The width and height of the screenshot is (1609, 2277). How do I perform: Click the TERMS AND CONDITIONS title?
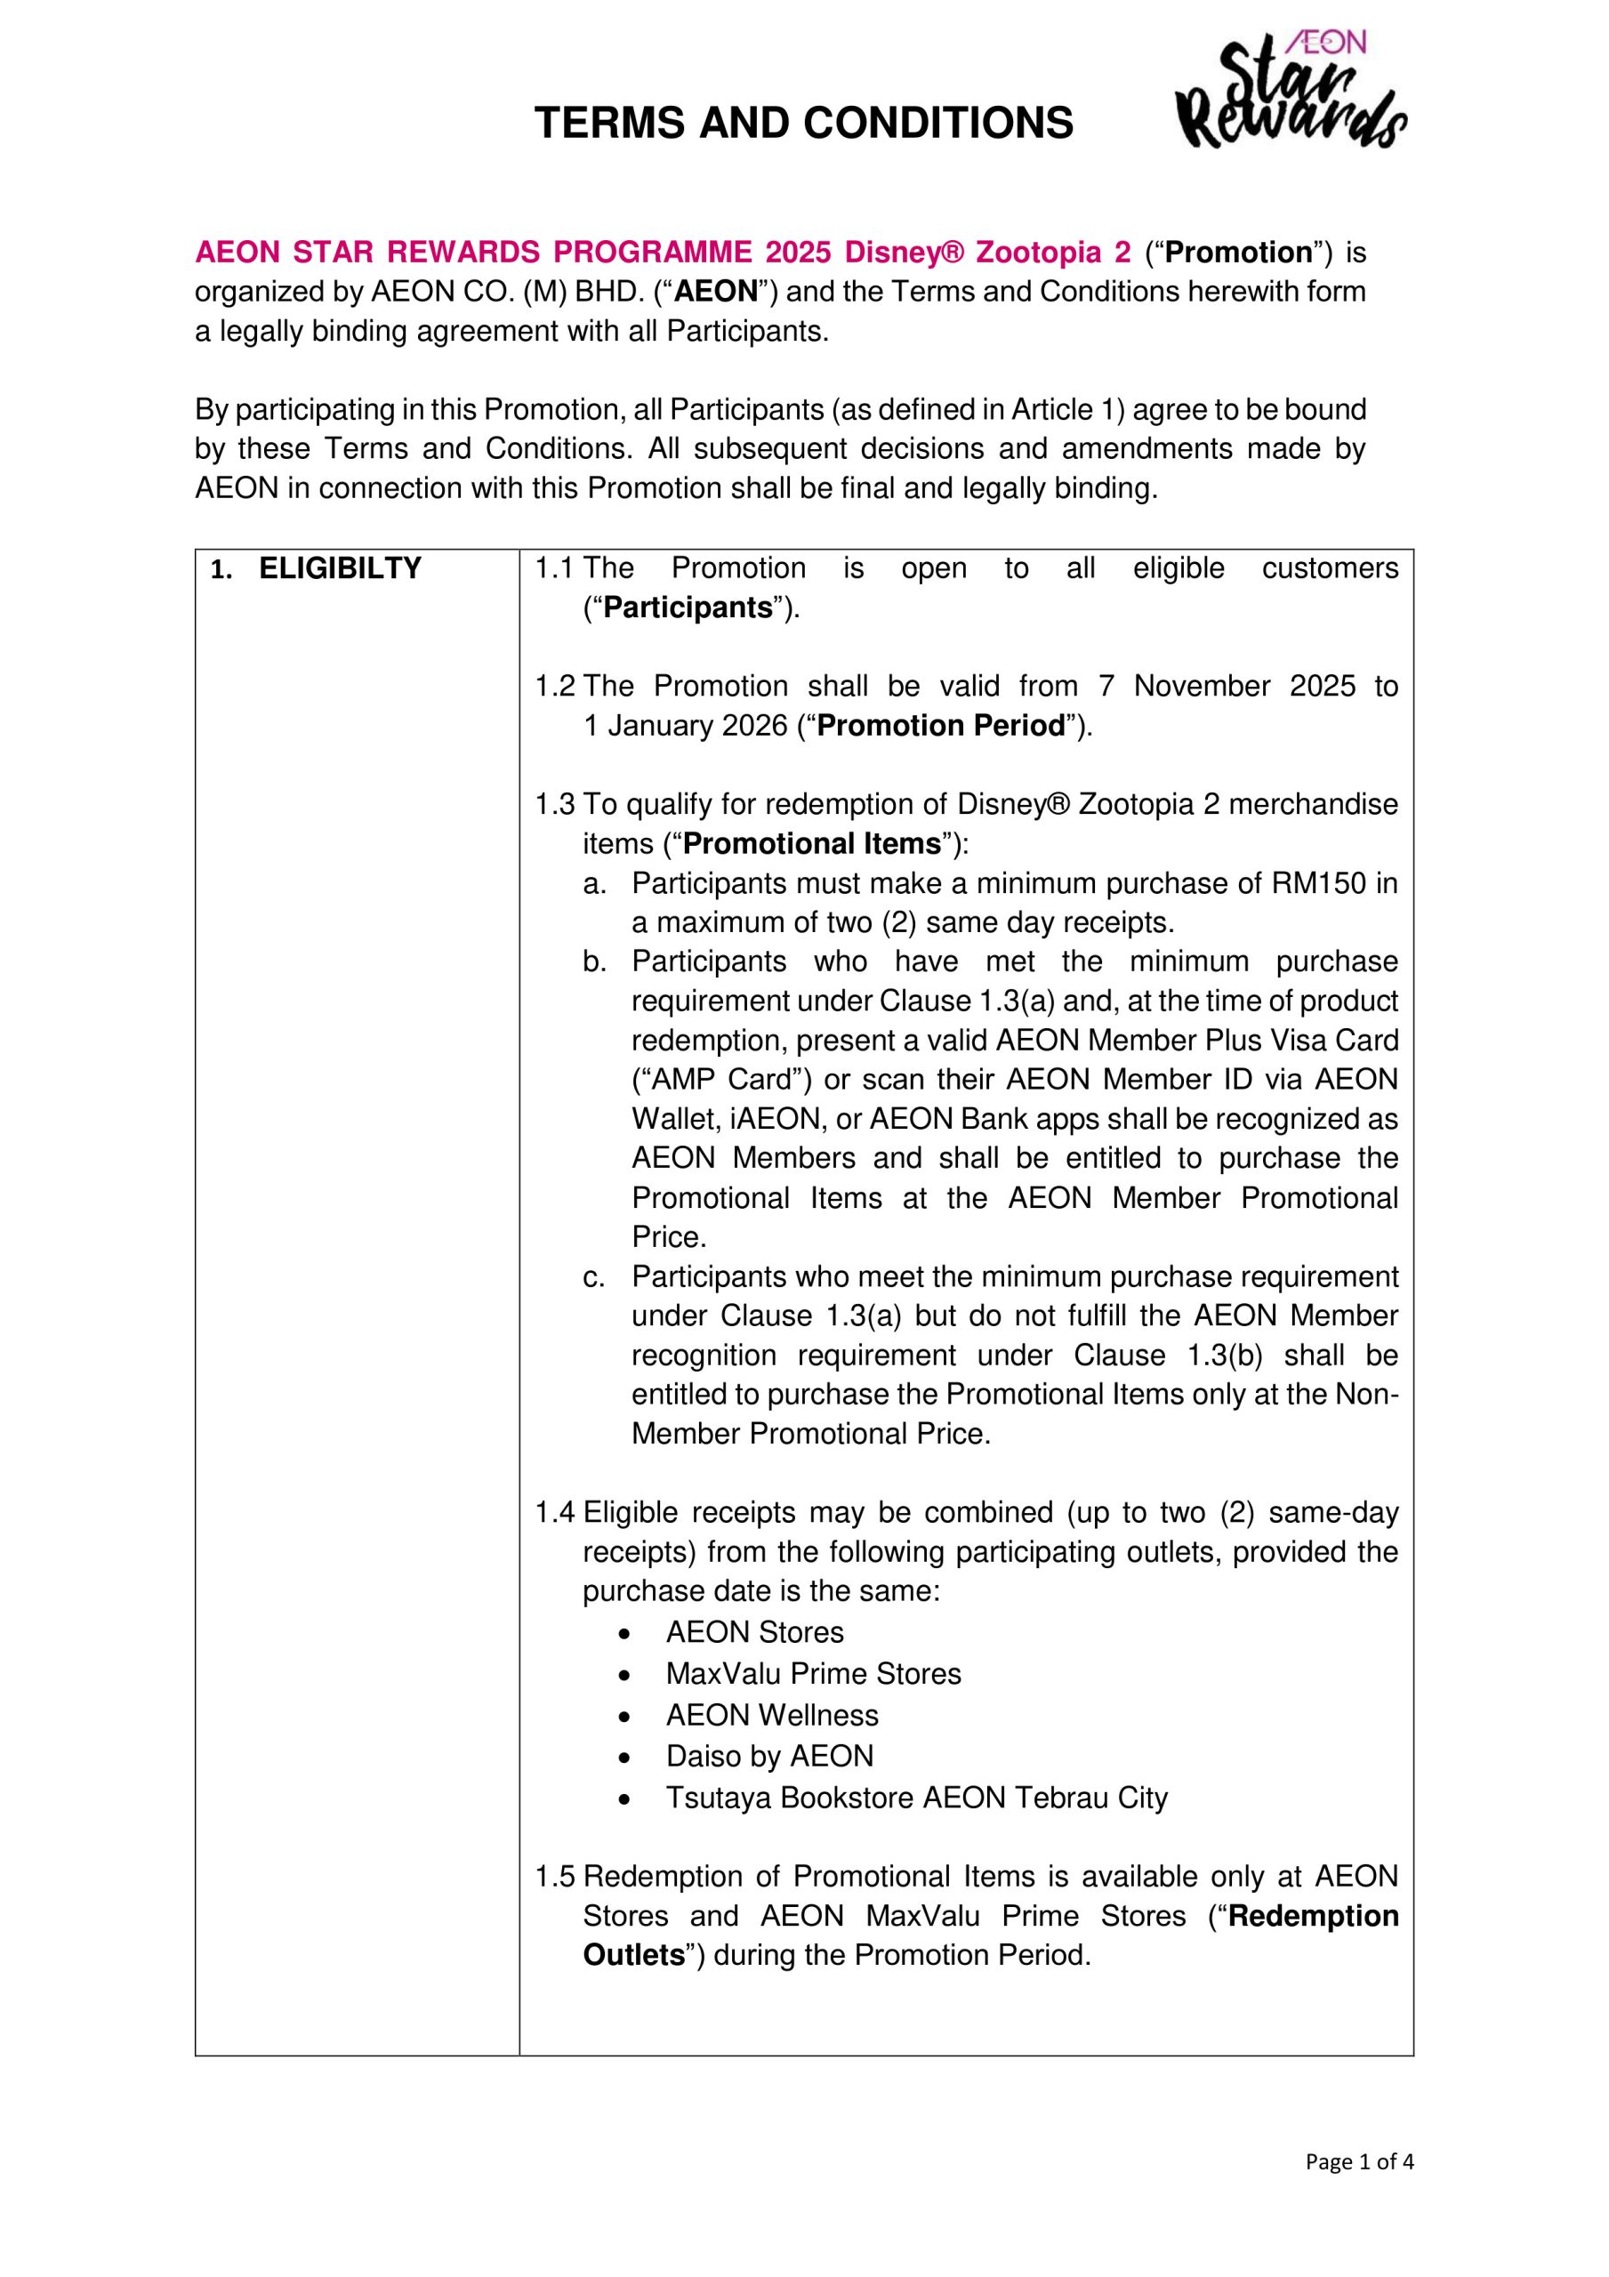tap(803, 124)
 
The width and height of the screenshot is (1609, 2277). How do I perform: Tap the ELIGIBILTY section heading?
tap(339, 569)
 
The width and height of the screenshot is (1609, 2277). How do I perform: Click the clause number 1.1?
tap(553, 569)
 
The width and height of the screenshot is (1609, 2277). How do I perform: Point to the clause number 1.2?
tap(553, 688)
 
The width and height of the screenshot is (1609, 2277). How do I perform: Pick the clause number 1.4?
tap(553, 1513)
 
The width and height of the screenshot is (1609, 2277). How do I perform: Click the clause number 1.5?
tap(553, 1878)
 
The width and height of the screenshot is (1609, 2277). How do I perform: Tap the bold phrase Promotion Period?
tap(940, 727)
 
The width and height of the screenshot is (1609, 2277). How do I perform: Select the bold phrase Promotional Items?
tap(811, 844)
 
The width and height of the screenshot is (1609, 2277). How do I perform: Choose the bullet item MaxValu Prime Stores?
tap(814, 1675)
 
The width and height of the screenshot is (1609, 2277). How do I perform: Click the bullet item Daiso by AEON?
tap(769, 1758)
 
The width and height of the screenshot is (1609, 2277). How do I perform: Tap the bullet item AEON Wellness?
tap(772, 1716)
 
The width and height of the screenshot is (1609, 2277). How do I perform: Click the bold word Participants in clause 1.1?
tap(688, 607)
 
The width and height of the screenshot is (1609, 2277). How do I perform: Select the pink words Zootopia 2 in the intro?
tap(1052, 253)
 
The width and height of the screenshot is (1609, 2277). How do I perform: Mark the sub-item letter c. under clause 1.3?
tap(593, 1278)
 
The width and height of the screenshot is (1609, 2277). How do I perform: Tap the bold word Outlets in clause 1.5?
tap(634, 1956)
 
